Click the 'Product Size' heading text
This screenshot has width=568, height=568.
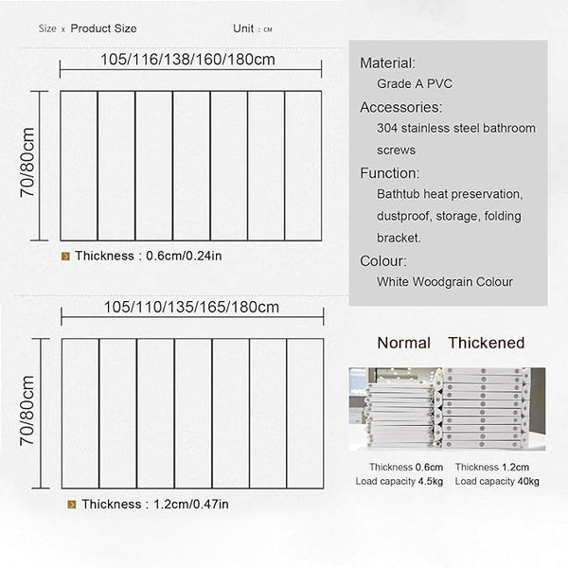[x=104, y=28]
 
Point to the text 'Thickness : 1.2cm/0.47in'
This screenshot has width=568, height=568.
[x=150, y=505]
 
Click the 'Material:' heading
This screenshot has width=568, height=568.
[x=388, y=63]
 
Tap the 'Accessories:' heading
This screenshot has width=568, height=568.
[x=401, y=107]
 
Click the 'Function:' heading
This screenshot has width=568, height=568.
[x=390, y=173]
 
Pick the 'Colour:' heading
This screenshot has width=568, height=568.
[x=383, y=260]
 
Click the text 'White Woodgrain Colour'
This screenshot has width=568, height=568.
[x=445, y=282]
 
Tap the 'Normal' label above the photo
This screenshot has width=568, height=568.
[x=403, y=343]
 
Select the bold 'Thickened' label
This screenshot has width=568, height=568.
[x=486, y=343]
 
